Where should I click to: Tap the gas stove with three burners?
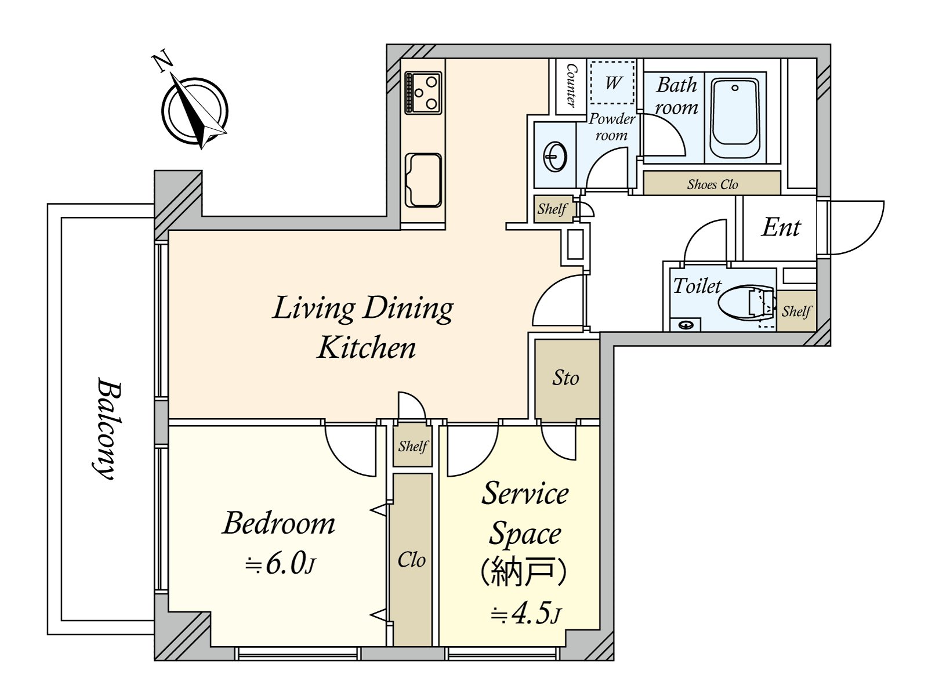[x=423, y=93]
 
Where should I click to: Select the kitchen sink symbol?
[x=423, y=180]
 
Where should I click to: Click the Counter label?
[x=571, y=86]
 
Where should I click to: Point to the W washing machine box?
[x=612, y=83]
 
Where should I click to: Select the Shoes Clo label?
[x=712, y=184]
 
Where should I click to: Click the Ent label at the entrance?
[x=781, y=228]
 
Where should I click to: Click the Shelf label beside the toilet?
[x=796, y=312]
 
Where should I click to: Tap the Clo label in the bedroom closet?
[x=411, y=560]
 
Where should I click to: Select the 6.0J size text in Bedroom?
[x=280, y=564]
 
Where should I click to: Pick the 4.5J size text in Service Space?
[x=525, y=614]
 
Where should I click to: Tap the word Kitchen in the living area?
[x=367, y=347]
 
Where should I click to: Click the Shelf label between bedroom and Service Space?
[x=413, y=446]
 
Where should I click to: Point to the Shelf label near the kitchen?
[x=552, y=209]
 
